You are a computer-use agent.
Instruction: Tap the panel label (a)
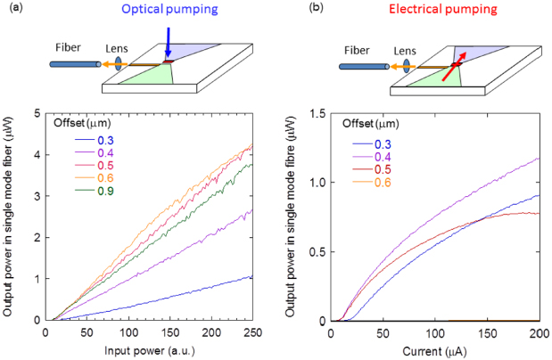[x=11, y=10]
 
